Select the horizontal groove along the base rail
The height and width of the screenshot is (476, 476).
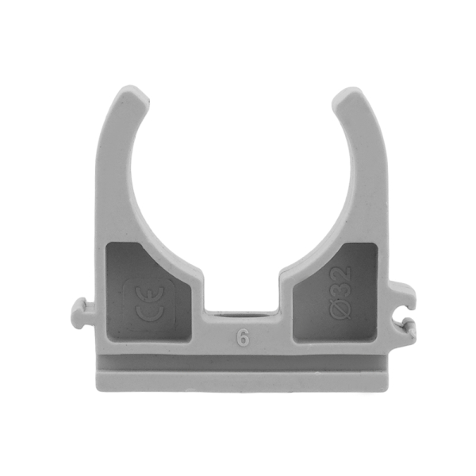pyautogui.click(x=242, y=367)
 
